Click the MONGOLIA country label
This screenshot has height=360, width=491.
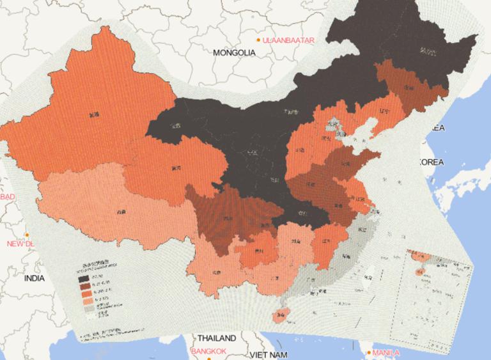point(235,52)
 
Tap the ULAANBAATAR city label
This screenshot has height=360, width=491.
point(290,40)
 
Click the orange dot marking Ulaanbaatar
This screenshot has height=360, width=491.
point(258,40)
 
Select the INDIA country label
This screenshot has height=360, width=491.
point(35,279)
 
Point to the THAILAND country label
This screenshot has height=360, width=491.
point(217,338)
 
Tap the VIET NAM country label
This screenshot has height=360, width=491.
point(269,354)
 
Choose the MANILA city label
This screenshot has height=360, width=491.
point(387,352)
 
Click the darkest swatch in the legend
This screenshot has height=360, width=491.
point(84,279)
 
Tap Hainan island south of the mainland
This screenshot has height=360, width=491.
point(280,316)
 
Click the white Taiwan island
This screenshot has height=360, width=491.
point(367,277)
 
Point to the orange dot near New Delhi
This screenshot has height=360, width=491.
point(27,235)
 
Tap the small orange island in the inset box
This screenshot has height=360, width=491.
point(419,272)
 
